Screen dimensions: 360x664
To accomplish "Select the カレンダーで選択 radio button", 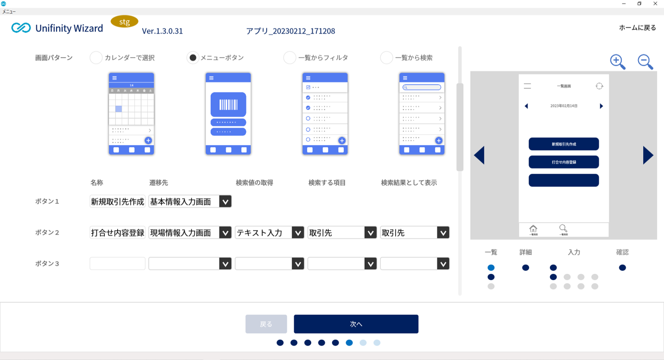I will click(x=96, y=58).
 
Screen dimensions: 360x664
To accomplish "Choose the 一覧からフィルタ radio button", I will click(x=289, y=58).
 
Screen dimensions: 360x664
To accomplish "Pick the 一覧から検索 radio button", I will click(x=386, y=58).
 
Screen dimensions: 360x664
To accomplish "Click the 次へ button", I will click(x=356, y=324).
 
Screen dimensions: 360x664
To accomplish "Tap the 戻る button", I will click(x=266, y=324).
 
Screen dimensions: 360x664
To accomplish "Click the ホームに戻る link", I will click(x=637, y=27).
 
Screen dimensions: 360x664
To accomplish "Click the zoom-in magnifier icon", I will click(x=617, y=61).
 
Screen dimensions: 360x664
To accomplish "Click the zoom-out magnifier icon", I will click(x=645, y=61).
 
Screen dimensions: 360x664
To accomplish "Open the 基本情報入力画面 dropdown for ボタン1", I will click(x=225, y=201).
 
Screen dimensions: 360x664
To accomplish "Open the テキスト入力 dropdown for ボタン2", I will click(x=298, y=232).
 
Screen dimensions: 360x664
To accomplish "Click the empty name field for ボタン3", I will click(x=118, y=264).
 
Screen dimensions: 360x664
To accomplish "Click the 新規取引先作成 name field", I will click(x=117, y=201).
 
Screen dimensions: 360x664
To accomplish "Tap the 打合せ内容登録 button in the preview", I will click(x=563, y=162).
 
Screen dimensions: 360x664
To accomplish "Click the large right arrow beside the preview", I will click(x=648, y=155).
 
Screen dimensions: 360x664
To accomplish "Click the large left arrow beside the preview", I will click(x=479, y=155).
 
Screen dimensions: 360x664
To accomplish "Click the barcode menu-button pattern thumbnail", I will click(x=228, y=114).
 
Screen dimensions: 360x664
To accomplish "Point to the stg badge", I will click(x=125, y=22).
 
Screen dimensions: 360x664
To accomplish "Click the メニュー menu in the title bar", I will click(x=9, y=11).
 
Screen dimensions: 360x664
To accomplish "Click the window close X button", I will click(x=655, y=4).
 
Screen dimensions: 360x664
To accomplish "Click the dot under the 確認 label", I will click(x=622, y=268).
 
